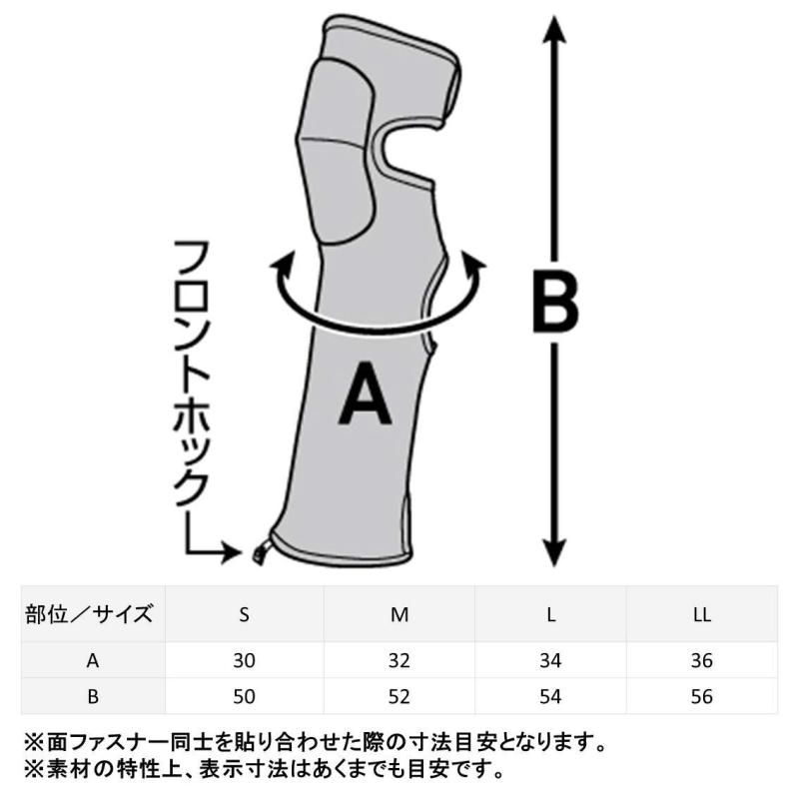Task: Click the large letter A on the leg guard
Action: point(365,393)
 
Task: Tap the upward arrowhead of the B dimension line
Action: point(555,31)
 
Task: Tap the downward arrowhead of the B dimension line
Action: point(555,552)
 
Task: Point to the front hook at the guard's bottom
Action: point(262,551)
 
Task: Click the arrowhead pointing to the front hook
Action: point(233,551)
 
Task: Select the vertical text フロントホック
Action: point(192,374)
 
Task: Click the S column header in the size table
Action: point(244,614)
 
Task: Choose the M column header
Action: point(399,614)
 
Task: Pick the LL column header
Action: point(702,614)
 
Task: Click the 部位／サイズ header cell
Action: point(89,614)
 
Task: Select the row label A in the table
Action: point(92,660)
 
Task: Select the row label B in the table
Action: point(93,696)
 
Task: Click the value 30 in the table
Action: point(244,660)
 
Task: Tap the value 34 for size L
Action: point(550,660)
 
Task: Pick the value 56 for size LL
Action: point(702,696)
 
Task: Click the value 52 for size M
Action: point(399,696)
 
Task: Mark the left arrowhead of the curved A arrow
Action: point(282,263)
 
